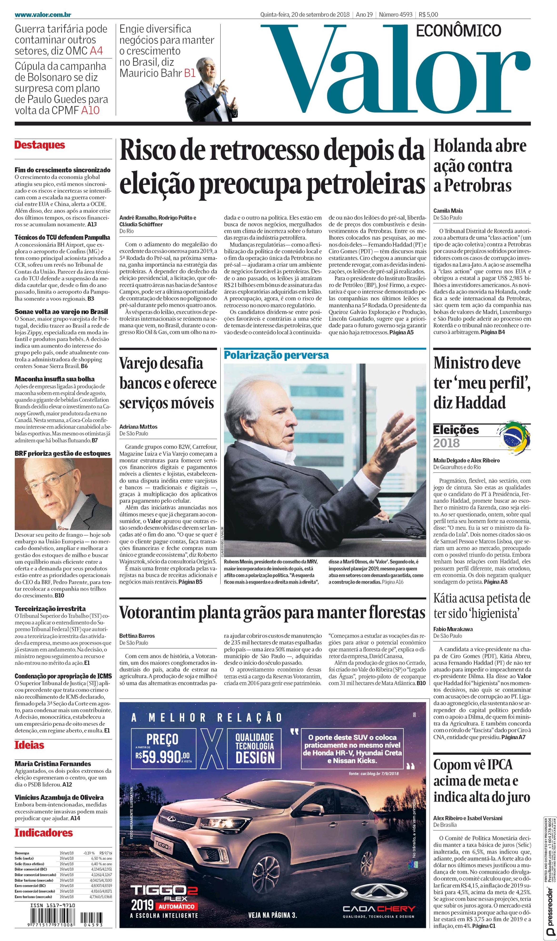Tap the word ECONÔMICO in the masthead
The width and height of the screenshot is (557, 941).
(x=459, y=31)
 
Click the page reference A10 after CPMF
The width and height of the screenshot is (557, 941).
(x=90, y=111)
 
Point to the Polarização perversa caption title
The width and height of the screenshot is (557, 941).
(x=276, y=355)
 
